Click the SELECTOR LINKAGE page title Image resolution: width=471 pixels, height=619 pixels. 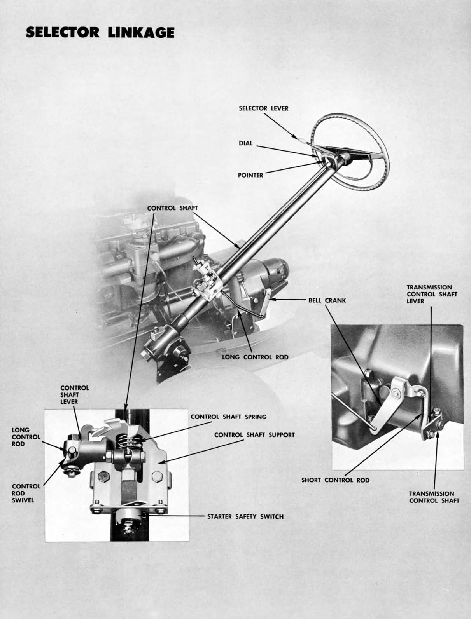(x=100, y=32)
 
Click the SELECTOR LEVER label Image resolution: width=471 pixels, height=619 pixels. (x=263, y=108)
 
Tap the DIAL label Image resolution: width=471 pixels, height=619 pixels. (x=245, y=143)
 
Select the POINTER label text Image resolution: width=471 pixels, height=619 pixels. (x=250, y=175)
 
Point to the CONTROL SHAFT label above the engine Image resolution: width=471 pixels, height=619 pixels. (x=172, y=208)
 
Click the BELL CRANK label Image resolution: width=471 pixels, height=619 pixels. (x=327, y=300)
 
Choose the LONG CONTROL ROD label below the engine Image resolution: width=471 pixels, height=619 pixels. (x=255, y=357)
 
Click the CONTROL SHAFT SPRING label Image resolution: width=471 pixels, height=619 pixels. (x=228, y=417)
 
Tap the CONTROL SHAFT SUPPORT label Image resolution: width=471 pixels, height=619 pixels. (x=254, y=434)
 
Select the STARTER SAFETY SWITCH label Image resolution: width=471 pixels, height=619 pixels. (x=245, y=516)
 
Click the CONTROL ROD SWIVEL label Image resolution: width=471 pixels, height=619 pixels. (x=26, y=493)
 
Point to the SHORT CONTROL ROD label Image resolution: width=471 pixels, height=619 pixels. (x=335, y=480)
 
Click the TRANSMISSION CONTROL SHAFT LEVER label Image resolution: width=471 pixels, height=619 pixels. (x=432, y=294)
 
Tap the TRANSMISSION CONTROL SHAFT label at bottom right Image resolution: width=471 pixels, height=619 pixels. (x=434, y=497)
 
